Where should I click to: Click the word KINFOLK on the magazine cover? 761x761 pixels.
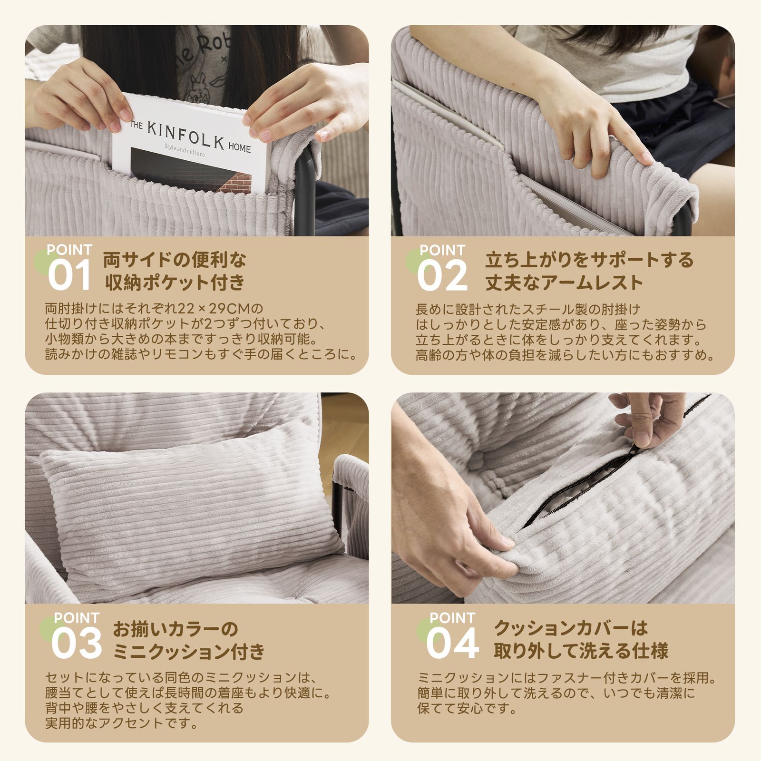point(185,135)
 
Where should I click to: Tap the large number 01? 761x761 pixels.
point(69,276)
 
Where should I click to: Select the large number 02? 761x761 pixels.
point(442,276)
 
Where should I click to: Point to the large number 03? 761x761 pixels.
point(76,644)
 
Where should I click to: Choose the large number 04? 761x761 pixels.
point(452,644)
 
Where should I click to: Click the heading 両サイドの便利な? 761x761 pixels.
point(175,260)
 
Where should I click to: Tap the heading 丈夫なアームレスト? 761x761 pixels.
point(564,283)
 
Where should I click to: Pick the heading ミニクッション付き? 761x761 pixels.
point(189,651)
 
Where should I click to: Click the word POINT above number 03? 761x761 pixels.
point(76,618)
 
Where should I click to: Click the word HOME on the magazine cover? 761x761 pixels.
point(239,148)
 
